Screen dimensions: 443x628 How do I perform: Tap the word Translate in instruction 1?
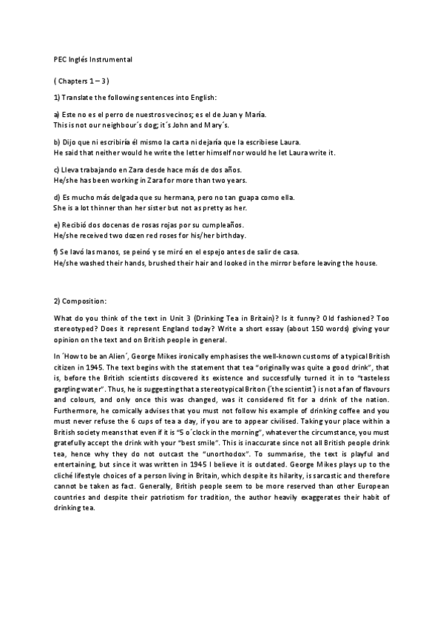[81, 97]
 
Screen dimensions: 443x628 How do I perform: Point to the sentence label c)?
[57, 170]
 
